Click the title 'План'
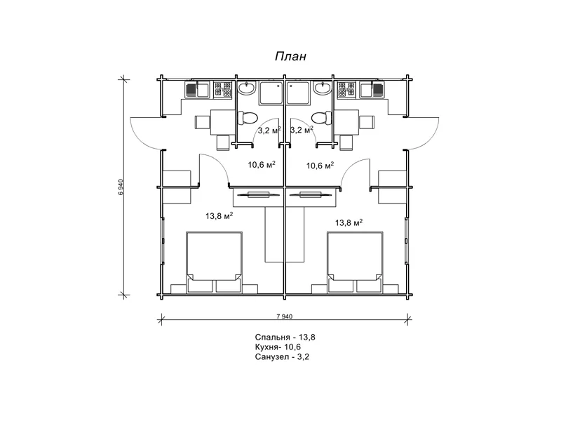point(290,57)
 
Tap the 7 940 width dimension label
point(285,316)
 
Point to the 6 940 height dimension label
point(121,187)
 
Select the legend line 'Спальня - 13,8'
point(285,338)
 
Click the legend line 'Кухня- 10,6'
point(278,347)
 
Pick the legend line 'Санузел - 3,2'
point(282,356)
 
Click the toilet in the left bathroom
point(248,118)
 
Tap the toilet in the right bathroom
point(322,118)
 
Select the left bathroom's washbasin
point(247,88)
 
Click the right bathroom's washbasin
point(323,88)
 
